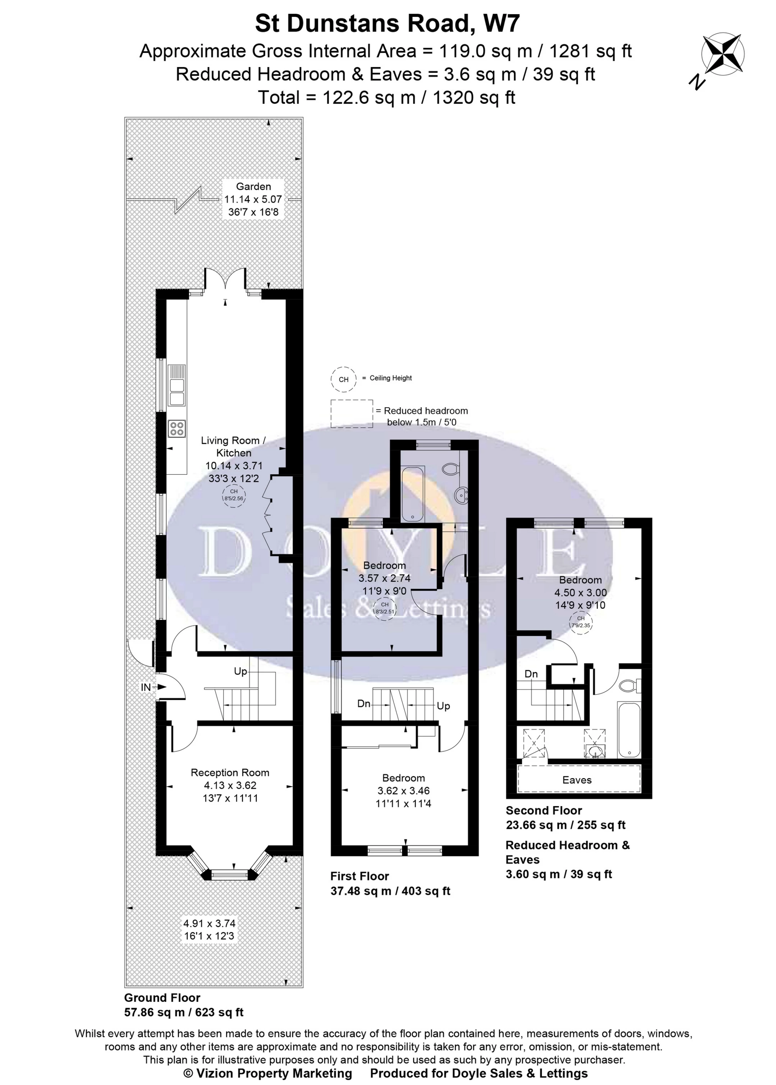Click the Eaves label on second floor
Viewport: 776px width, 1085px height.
pyautogui.click(x=577, y=780)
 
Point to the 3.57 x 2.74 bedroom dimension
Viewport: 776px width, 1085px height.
pyautogui.click(x=384, y=578)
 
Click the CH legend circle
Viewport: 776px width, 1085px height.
pyautogui.click(x=344, y=379)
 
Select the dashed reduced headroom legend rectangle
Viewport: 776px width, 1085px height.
pyautogui.click(x=352, y=413)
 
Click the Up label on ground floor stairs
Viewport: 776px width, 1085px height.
pyautogui.click(x=240, y=671)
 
